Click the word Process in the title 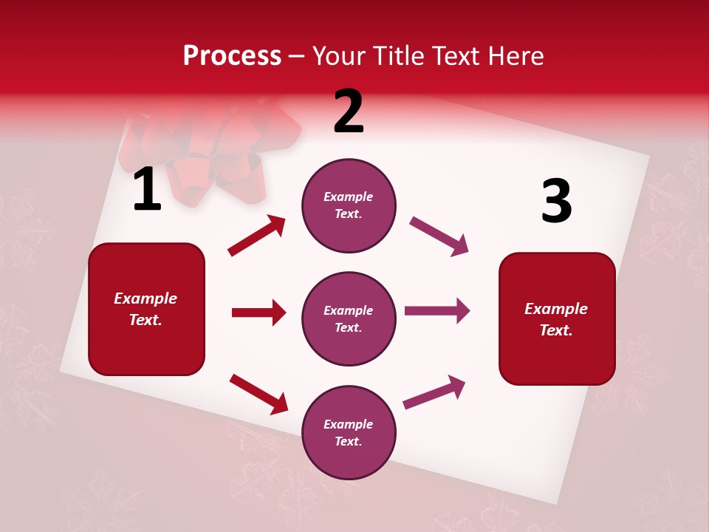(232, 56)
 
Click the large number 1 (147, 191)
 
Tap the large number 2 (349, 112)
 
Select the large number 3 (556, 201)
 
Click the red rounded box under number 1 (146, 309)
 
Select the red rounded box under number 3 (557, 318)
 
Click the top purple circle (349, 205)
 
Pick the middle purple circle (349, 318)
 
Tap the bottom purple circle (349, 432)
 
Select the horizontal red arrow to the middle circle (258, 313)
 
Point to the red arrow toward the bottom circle (258, 394)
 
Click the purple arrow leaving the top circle (439, 236)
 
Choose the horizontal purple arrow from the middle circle (436, 311)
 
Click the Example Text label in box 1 (146, 309)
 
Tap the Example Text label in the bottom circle (349, 432)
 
